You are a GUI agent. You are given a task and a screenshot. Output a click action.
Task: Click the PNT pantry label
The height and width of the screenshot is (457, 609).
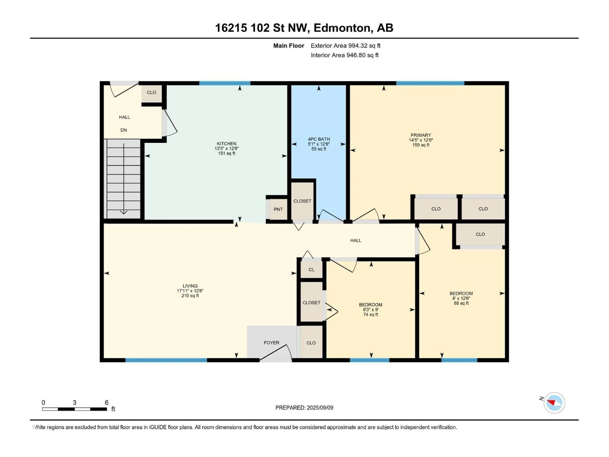(x=278, y=209)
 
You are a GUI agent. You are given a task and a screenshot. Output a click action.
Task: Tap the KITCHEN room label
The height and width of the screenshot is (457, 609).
(x=226, y=143)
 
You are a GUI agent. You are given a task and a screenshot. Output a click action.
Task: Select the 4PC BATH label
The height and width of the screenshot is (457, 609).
(x=319, y=139)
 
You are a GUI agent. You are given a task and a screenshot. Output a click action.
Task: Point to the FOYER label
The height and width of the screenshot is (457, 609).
(x=272, y=343)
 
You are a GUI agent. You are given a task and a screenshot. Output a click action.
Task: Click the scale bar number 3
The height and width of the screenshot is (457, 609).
(x=74, y=402)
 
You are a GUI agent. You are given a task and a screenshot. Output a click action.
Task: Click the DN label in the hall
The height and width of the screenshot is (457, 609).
(x=124, y=130)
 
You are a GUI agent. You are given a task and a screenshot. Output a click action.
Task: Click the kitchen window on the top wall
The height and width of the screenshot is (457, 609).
(x=225, y=83)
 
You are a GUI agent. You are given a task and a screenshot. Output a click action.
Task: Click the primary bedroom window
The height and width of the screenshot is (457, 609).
(x=430, y=83)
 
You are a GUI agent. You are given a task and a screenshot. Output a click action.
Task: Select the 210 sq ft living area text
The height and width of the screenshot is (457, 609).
(x=190, y=296)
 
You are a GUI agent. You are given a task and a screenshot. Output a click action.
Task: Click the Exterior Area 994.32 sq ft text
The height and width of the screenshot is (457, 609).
(x=346, y=46)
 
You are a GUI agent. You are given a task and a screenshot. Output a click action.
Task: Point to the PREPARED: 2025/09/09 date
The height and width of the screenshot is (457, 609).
(x=304, y=408)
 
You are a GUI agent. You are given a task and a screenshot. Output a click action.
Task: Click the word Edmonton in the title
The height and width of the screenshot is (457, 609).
(x=342, y=28)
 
